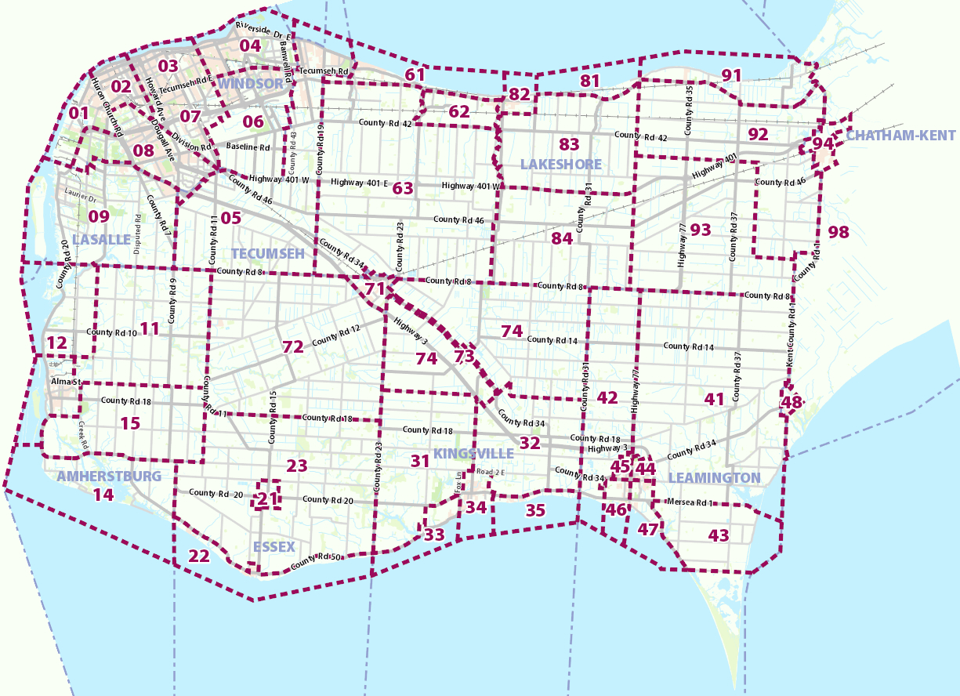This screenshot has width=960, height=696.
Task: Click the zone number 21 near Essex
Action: (268, 498)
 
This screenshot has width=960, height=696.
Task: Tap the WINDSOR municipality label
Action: (251, 83)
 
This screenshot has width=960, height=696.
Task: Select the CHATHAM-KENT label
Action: (901, 136)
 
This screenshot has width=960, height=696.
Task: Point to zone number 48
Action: (792, 403)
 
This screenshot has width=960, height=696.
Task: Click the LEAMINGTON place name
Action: (714, 477)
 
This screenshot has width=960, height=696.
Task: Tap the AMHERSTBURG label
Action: (109, 476)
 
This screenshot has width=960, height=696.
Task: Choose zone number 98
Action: (839, 232)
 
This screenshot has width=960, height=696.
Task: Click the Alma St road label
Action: (61, 382)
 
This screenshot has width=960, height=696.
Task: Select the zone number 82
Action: (520, 94)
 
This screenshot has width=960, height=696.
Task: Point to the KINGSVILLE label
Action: (473, 454)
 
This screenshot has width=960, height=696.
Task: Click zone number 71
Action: (375, 288)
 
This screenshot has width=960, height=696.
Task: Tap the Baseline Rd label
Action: (248, 147)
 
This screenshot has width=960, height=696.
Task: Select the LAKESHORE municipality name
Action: (560, 164)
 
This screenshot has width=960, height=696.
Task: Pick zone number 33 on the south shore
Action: (434, 535)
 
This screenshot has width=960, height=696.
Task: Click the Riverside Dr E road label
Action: (263, 31)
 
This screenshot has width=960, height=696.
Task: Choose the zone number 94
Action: (823, 144)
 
